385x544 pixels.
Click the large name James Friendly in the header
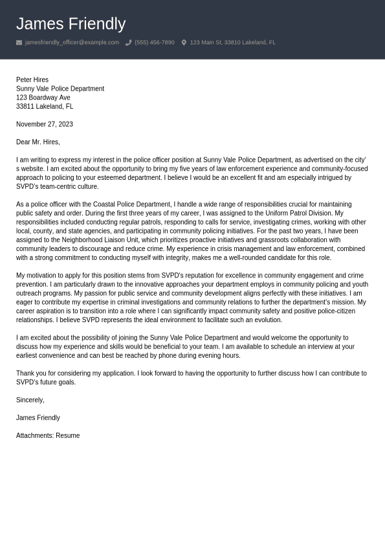(71, 24)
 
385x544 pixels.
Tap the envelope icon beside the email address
(19, 43)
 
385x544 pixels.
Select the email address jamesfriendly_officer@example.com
(72, 43)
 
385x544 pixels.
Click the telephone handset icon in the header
(128, 43)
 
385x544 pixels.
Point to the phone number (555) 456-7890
(154, 43)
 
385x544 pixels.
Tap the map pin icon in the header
(184, 43)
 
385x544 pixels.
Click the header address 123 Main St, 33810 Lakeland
(232, 43)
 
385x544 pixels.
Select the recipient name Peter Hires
(32, 80)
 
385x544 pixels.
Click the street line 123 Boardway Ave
(43, 98)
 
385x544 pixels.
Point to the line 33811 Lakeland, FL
(45, 107)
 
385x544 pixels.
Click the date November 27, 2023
(45, 124)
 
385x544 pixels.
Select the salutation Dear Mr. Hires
(38, 142)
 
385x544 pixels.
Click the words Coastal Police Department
(131, 204)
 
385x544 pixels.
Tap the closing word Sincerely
(30, 400)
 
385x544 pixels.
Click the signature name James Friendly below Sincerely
(38, 418)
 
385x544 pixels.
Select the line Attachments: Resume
(48, 436)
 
